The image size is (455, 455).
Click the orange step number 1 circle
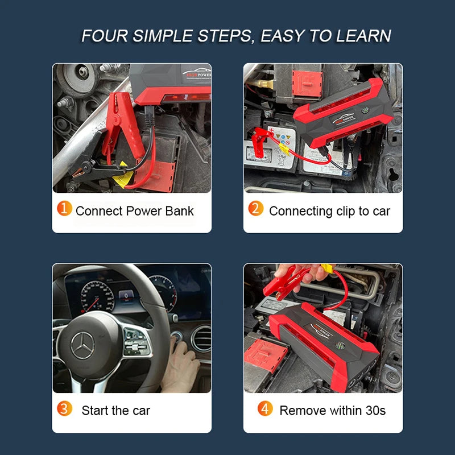tap(64, 208)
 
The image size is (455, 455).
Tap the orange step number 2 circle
tap(255, 208)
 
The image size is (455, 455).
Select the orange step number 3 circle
tap(64, 408)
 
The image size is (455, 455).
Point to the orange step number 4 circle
tap(265, 408)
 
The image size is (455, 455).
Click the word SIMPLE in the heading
tap(163, 36)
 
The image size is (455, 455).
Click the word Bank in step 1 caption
tap(179, 211)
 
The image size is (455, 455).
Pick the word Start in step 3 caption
tap(95, 411)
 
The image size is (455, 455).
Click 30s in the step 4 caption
tap(376, 411)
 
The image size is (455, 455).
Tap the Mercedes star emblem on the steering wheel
tap(82, 346)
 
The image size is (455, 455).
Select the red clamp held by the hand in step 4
tap(286, 283)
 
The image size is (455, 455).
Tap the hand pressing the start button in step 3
tap(180, 365)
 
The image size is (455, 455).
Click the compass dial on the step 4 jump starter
tap(340, 346)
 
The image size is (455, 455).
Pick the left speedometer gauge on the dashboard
tap(97, 296)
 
